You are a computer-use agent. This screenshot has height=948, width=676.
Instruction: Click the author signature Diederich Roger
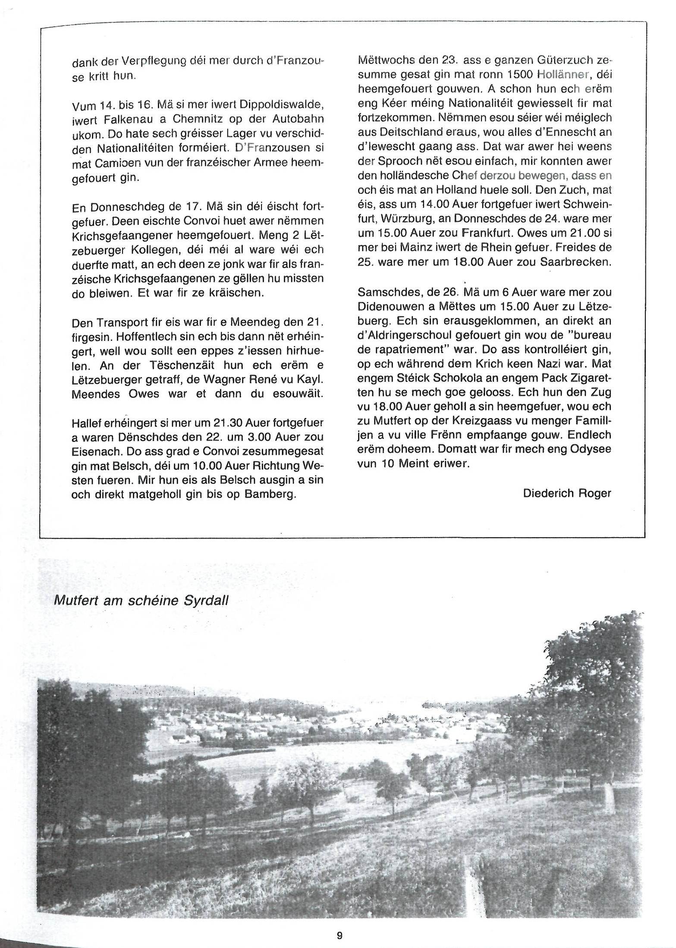click(567, 493)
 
